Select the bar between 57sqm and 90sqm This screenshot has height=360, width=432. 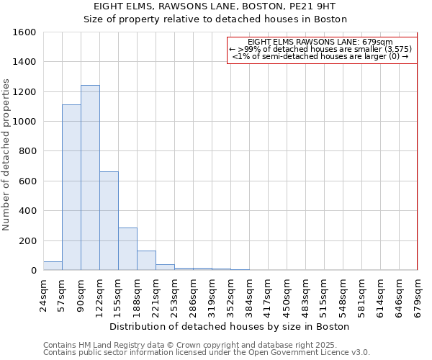pos(71,187)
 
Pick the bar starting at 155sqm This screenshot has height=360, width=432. pos(127,248)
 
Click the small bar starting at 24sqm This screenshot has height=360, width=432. pos(53,266)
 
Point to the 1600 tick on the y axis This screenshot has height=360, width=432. pos(24,32)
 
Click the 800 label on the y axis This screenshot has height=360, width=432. pos(27,151)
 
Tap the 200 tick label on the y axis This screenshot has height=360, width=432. pos(27,240)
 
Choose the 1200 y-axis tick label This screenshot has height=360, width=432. pos(24,92)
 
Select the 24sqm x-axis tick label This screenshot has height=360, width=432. pos(43,293)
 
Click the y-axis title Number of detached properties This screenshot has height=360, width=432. pos(6,151)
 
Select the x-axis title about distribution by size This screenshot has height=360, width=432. pos(230,326)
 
